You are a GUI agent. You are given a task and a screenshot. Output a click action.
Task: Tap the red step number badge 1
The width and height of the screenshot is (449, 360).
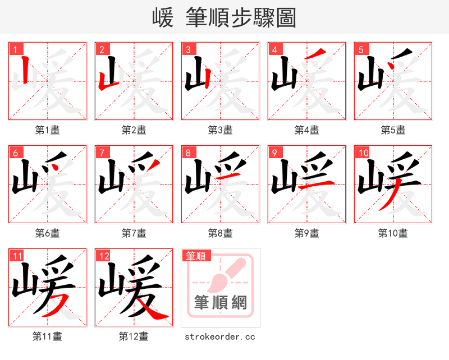(14, 49)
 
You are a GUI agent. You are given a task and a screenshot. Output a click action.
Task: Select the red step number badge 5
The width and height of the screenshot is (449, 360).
(360, 49)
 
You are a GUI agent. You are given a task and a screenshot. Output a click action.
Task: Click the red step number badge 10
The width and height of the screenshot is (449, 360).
(362, 153)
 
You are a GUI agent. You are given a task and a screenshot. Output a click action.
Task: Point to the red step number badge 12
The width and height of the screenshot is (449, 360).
(103, 256)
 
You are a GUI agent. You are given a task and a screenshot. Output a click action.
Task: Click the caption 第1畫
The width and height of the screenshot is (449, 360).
(47, 130)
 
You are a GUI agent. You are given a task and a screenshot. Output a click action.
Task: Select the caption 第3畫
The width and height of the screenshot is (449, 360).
(220, 130)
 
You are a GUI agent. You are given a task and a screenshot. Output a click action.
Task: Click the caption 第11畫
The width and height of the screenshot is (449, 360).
(47, 336)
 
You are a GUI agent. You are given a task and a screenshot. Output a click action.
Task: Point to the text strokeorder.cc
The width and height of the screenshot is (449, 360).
(220, 336)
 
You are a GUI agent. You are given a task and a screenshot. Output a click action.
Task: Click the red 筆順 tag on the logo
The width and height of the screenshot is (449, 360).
(196, 256)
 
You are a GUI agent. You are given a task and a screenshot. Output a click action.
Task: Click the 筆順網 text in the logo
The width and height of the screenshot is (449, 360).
(220, 303)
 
